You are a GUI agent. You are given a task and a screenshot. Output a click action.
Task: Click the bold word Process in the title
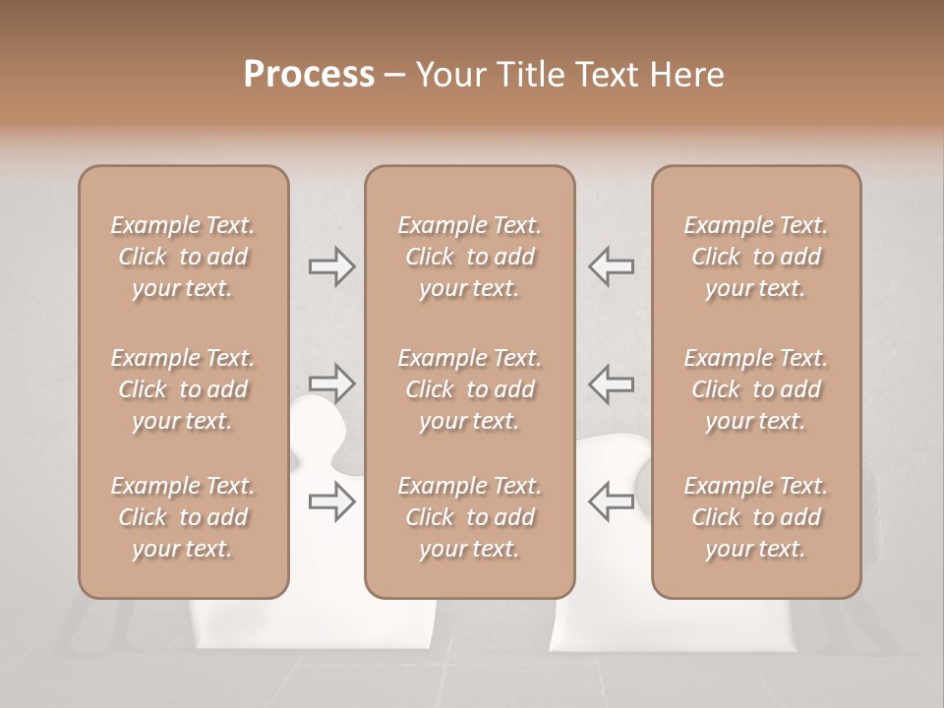click(309, 74)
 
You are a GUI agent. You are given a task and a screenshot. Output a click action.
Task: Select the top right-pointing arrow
click(331, 266)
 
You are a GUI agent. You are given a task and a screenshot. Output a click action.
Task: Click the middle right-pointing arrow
click(331, 383)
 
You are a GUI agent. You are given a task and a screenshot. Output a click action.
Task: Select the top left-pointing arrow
click(611, 266)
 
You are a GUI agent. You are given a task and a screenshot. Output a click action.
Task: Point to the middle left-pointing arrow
click(611, 383)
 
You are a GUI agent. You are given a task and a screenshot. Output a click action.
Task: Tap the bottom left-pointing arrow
click(611, 501)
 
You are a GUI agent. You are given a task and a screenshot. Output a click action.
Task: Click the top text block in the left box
click(183, 257)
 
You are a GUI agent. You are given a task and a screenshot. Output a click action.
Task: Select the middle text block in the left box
click(183, 389)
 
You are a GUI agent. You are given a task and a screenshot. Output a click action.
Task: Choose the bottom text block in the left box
click(183, 517)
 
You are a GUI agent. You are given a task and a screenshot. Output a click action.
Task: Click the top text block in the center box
click(469, 257)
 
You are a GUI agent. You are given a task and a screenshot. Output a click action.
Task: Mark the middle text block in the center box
click(469, 389)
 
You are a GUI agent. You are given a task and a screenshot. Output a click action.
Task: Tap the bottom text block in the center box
click(469, 517)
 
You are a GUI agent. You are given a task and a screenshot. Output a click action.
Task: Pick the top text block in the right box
click(755, 257)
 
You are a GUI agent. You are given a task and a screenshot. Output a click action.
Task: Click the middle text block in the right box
click(755, 389)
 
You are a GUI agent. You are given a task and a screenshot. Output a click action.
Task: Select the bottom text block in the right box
click(755, 517)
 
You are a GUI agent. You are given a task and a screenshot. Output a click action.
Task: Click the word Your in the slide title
click(449, 74)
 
